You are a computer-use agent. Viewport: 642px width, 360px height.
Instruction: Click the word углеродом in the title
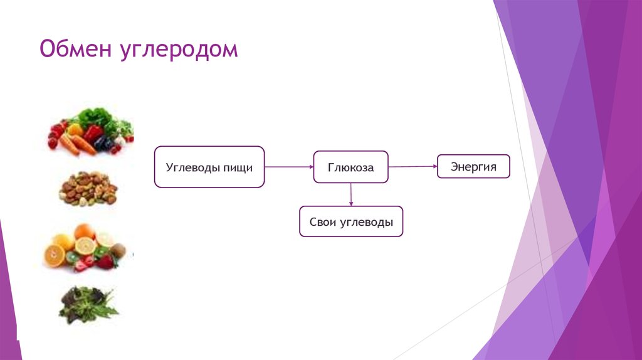pyautogui.click(x=178, y=50)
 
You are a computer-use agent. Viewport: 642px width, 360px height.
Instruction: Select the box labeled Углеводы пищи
pyautogui.click(x=209, y=167)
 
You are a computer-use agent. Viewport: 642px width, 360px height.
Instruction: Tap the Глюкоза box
pyautogui.click(x=350, y=167)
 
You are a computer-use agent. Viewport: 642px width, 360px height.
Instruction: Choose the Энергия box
pyautogui.click(x=473, y=166)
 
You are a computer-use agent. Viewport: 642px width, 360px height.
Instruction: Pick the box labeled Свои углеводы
pyautogui.click(x=351, y=221)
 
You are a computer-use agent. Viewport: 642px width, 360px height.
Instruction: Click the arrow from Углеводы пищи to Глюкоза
pyautogui.click(x=288, y=167)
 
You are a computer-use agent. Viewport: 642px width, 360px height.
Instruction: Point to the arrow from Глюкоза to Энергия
pyautogui.click(x=413, y=166)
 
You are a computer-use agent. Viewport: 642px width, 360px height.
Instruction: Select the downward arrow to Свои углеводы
pyautogui.click(x=351, y=194)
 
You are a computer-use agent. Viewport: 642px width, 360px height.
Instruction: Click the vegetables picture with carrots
pyautogui.click(x=91, y=132)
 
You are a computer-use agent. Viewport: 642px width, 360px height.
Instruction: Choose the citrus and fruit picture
pyautogui.click(x=85, y=248)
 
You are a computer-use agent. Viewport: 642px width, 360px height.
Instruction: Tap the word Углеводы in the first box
pyautogui.click(x=192, y=167)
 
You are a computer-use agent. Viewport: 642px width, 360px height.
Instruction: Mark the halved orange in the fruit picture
pyautogui.click(x=55, y=255)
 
